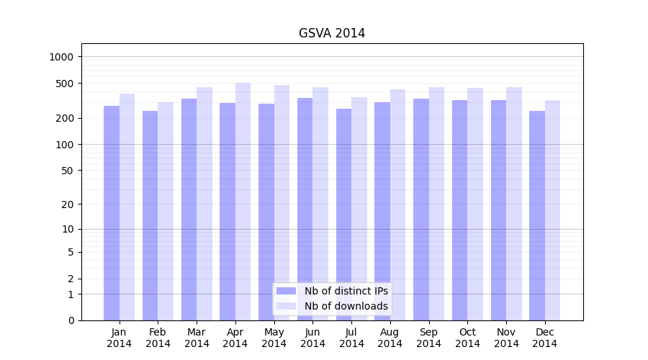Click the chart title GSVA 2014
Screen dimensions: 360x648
(x=332, y=33)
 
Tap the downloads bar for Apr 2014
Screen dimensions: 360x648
(x=243, y=202)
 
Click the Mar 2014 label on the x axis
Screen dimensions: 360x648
(x=197, y=338)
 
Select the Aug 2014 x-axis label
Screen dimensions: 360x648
(x=390, y=338)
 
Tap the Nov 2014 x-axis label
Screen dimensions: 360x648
(x=506, y=338)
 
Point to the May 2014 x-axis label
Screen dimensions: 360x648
(x=274, y=338)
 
